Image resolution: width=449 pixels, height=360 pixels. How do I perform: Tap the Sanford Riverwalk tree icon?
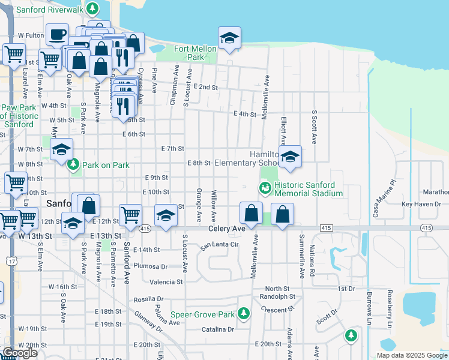point(92,8)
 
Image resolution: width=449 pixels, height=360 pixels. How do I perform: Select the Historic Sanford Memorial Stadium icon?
point(264,188)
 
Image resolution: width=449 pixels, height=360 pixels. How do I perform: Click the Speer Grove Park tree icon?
point(243,313)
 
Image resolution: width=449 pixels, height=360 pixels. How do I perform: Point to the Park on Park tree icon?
point(73,164)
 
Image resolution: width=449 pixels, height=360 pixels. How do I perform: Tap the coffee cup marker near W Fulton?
point(58,35)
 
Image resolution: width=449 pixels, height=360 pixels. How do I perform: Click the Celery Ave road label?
point(227,229)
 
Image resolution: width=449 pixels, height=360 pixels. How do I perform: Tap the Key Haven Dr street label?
point(421,204)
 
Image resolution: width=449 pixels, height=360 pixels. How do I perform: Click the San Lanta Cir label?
point(220,245)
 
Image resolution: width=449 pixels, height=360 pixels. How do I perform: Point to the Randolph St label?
point(277,296)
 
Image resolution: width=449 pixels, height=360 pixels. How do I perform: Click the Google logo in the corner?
point(19,353)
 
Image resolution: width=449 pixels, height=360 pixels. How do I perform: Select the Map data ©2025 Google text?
point(411,355)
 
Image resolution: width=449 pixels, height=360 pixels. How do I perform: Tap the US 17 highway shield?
point(11,259)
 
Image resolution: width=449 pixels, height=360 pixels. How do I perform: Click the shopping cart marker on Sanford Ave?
point(130,215)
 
